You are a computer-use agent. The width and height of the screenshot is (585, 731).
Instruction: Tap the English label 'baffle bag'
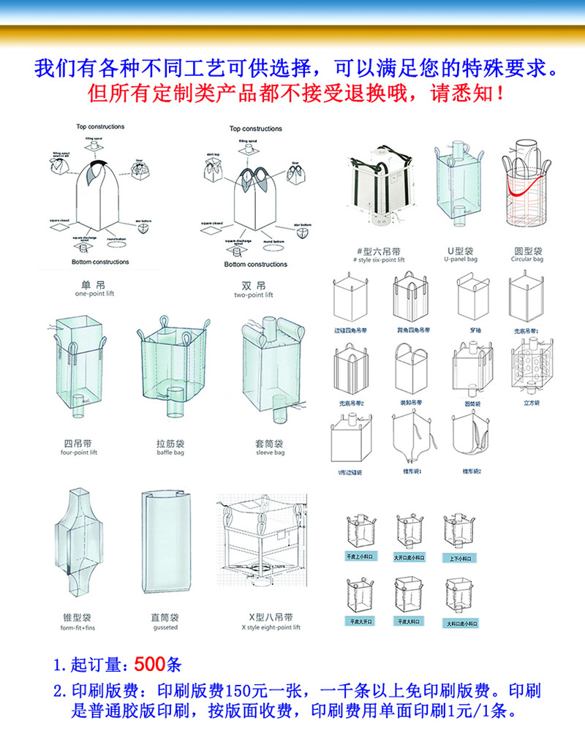pos(170,452)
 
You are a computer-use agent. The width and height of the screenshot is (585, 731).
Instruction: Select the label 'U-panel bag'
pos(461,260)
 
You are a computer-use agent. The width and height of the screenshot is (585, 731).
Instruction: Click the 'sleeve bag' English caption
pos(270,452)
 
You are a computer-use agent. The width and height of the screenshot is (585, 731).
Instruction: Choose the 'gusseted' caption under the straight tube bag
pos(165,627)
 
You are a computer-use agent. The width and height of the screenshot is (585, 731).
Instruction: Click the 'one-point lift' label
pos(95,294)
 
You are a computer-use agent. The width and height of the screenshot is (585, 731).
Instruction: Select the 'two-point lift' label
pos(253,295)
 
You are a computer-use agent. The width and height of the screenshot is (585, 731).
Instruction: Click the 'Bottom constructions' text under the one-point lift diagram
pos(100,262)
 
